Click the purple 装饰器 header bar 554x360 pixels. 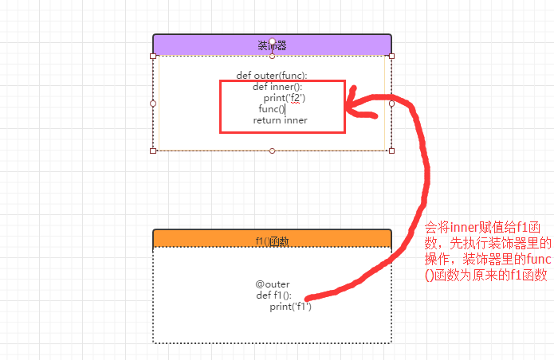(207, 45)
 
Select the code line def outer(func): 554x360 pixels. (272, 76)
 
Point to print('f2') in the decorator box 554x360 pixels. (285, 98)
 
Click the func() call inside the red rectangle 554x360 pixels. (271, 109)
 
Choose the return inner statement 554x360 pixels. (280, 120)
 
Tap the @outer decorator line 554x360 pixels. (273, 284)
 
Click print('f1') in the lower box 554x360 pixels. (290, 307)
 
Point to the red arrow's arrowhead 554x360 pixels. (352, 104)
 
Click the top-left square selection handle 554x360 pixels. (153, 56)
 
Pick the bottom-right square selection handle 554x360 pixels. (391, 151)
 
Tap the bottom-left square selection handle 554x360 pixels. (153, 151)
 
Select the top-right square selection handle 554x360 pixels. (391, 56)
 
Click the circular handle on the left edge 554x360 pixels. (153, 104)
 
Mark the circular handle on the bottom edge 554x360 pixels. (273, 151)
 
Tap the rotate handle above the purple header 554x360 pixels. (273, 41)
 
